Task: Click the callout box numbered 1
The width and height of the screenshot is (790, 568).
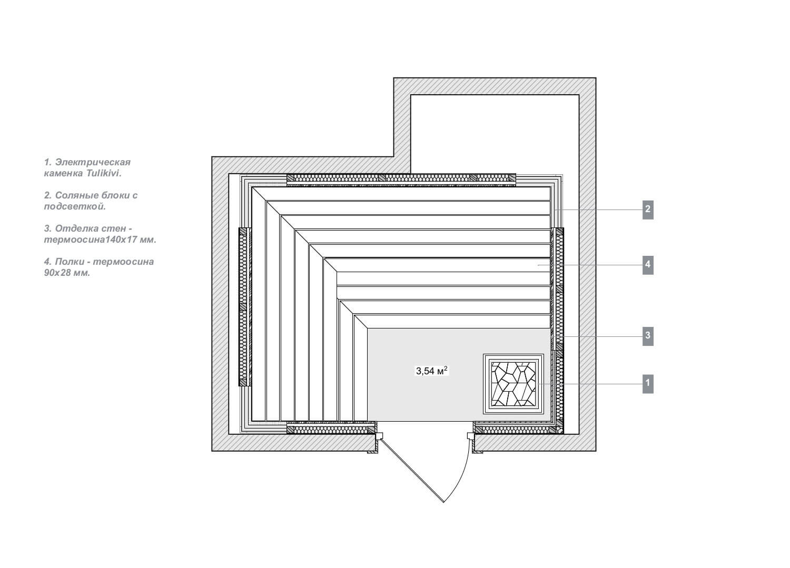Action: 648,384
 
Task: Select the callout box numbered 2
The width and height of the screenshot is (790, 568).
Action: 648,210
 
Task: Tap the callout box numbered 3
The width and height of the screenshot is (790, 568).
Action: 648,336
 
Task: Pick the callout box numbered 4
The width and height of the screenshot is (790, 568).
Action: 648,265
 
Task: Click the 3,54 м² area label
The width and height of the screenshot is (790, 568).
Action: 432,371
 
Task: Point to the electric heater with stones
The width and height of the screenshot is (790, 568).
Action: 513,384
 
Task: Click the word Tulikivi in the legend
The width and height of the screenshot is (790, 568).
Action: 104,173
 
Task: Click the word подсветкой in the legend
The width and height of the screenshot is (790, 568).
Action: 75,206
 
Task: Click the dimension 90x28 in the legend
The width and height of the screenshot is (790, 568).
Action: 57,273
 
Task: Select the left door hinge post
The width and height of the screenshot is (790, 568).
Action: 379,436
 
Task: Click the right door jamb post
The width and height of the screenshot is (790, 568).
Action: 471,436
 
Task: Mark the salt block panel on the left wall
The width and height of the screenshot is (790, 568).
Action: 243,307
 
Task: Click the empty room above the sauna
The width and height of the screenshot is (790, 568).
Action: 495,134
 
